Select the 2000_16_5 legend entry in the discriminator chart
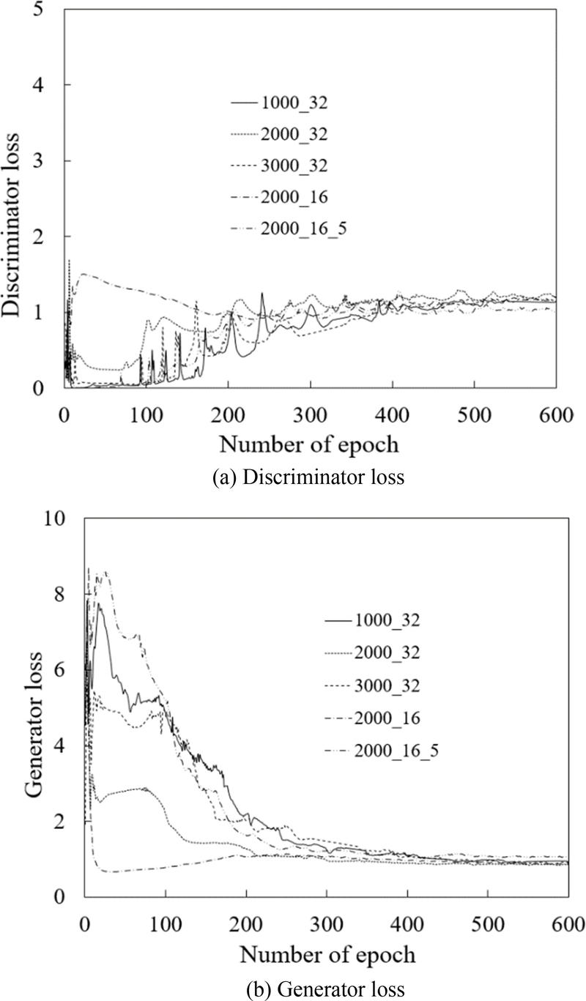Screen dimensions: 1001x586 [301, 229]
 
